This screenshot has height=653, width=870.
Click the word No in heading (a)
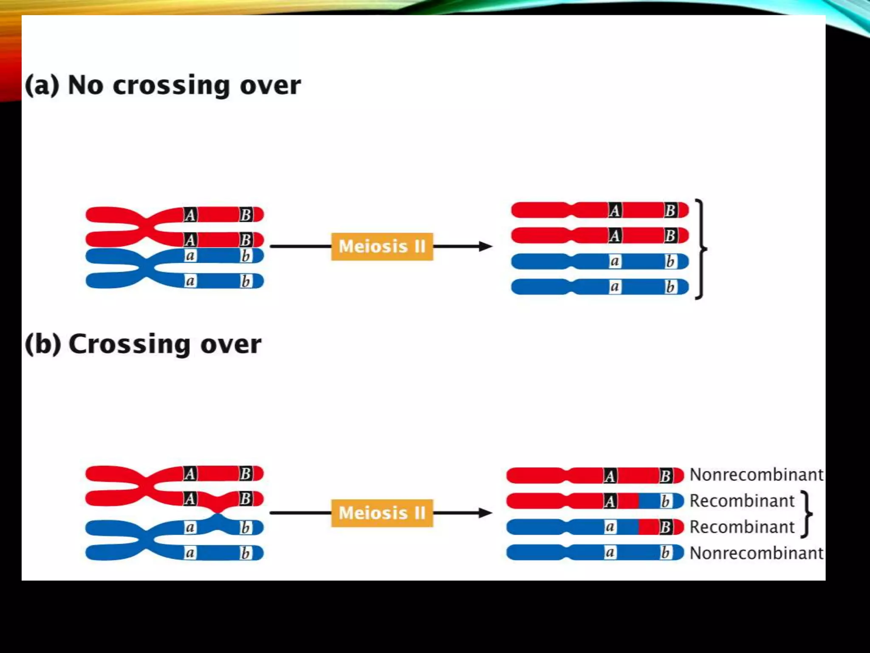click(x=85, y=85)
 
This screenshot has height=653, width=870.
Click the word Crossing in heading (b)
click(x=129, y=344)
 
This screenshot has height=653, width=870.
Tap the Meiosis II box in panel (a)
click(x=382, y=247)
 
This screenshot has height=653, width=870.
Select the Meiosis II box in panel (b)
click(x=382, y=513)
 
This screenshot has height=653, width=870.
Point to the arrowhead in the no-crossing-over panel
click(x=485, y=246)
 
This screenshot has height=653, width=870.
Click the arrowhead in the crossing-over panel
click(x=485, y=513)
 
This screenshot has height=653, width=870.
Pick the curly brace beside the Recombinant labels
click(x=807, y=514)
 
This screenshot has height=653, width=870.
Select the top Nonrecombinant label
click(x=756, y=475)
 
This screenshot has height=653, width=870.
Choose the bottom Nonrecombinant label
click(x=756, y=553)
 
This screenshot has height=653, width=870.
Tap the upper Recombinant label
click(x=742, y=501)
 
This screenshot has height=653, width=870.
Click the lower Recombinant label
click(x=742, y=527)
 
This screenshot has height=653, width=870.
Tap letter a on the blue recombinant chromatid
click(x=610, y=527)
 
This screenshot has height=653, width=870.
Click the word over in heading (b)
click(x=231, y=344)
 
